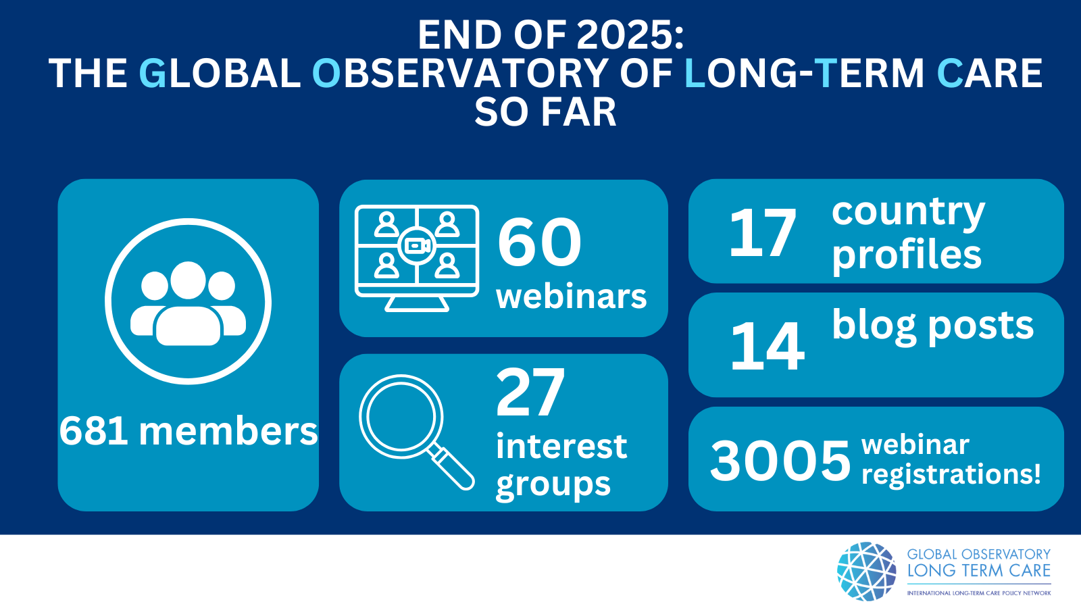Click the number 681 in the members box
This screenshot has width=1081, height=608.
94,431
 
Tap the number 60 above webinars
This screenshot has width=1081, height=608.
539,242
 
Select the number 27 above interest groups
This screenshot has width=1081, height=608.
530,392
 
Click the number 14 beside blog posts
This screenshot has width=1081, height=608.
768,347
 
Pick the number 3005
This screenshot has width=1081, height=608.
780,460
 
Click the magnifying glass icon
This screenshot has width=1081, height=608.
417,432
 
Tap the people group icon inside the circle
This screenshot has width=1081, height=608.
188,303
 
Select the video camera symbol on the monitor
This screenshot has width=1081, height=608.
417,246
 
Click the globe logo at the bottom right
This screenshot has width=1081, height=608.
867,572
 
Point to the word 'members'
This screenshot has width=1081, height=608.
228,431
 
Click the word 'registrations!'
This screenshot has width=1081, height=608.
951,474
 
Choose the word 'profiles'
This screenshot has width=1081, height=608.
907,256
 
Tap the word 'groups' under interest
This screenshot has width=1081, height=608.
553,484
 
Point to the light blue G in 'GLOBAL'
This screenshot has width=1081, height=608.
153,74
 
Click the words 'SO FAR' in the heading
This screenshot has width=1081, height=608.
545,112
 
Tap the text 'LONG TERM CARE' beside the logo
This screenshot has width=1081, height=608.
979,570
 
